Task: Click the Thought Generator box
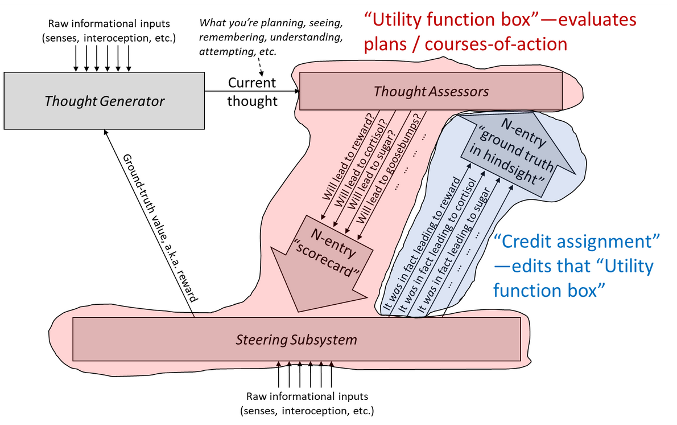[x=104, y=101]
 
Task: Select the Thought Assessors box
[x=431, y=91]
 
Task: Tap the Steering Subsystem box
[x=296, y=340]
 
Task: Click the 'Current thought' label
[x=252, y=92]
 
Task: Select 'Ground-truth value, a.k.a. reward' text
[x=160, y=228]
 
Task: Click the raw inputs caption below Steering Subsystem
[x=307, y=403]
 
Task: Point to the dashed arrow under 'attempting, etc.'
[x=260, y=67]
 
